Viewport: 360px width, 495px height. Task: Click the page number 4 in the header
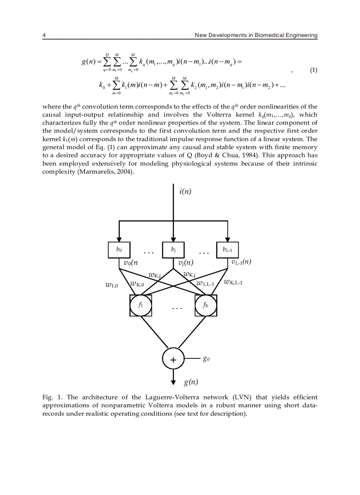[x=44, y=35]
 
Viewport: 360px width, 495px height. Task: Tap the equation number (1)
[x=312, y=70]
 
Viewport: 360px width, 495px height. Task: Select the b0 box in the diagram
[x=119, y=249]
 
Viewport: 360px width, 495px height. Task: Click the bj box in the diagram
[x=173, y=249]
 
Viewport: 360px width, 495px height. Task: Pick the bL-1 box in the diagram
[x=228, y=250]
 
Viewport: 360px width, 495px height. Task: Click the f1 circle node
[x=141, y=305]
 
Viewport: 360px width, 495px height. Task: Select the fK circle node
[x=206, y=305]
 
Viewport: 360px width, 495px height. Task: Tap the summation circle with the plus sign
[x=173, y=360]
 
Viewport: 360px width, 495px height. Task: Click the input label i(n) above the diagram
[x=185, y=191]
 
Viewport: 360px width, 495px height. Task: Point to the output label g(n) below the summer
[x=191, y=382]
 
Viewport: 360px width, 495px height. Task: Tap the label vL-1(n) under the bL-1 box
[x=241, y=262]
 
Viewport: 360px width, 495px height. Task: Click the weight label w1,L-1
[x=206, y=283]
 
